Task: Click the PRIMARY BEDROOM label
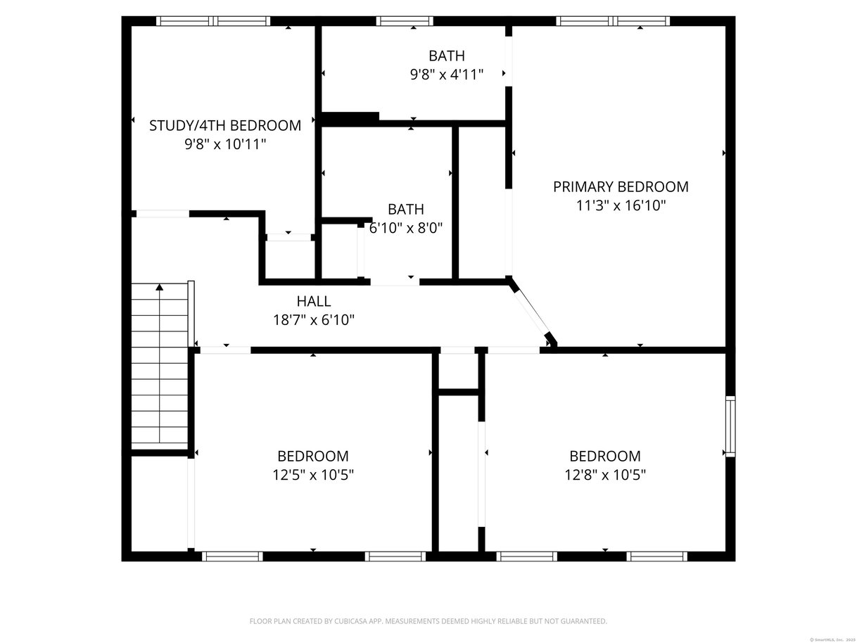click(x=621, y=186)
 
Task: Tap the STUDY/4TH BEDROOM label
click(x=225, y=125)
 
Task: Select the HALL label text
click(x=314, y=301)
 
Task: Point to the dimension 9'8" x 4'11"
click(x=447, y=74)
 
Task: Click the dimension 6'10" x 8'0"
click(x=406, y=228)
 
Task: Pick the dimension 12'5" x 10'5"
click(x=313, y=475)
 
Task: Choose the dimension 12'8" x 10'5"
click(x=605, y=475)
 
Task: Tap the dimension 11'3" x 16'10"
click(x=621, y=205)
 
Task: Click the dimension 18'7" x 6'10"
click(x=314, y=320)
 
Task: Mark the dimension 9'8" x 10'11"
click(x=225, y=144)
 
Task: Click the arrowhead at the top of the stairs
click(x=159, y=287)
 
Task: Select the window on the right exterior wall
click(x=730, y=426)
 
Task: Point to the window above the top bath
click(x=405, y=20)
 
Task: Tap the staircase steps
click(x=160, y=367)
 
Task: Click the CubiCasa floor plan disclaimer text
click(x=428, y=621)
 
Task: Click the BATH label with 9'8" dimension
click(x=447, y=56)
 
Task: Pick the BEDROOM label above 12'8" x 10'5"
click(x=605, y=456)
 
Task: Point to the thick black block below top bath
click(x=350, y=118)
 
